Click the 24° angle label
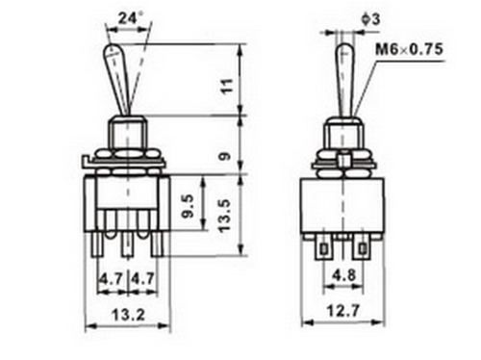[x=131, y=18]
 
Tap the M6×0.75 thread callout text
[x=409, y=49]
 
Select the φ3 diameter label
[x=370, y=19]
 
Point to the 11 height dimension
[x=227, y=86]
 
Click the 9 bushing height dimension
[x=226, y=156]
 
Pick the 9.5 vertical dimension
[x=188, y=206]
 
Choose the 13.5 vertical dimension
[x=225, y=216]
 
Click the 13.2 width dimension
[x=128, y=315]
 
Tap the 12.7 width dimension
[x=342, y=311]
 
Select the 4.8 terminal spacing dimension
[x=343, y=275]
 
